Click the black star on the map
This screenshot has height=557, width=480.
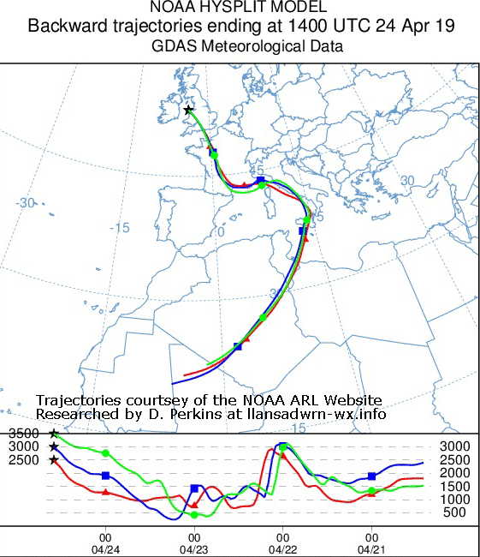point(187,110)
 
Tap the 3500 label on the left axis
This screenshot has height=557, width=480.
point(23,434)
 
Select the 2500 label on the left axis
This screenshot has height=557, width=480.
point(23,460)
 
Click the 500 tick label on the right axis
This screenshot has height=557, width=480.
point(453,512)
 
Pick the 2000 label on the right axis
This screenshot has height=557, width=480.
point(453,472)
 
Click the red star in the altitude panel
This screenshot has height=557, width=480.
point(54,460)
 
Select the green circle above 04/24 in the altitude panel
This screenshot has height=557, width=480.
point(105,452)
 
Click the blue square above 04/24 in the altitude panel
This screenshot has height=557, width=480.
point(105,475)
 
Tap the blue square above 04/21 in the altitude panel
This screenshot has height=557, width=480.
point(371,476)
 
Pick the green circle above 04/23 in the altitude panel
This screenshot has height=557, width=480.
point(194,514)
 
